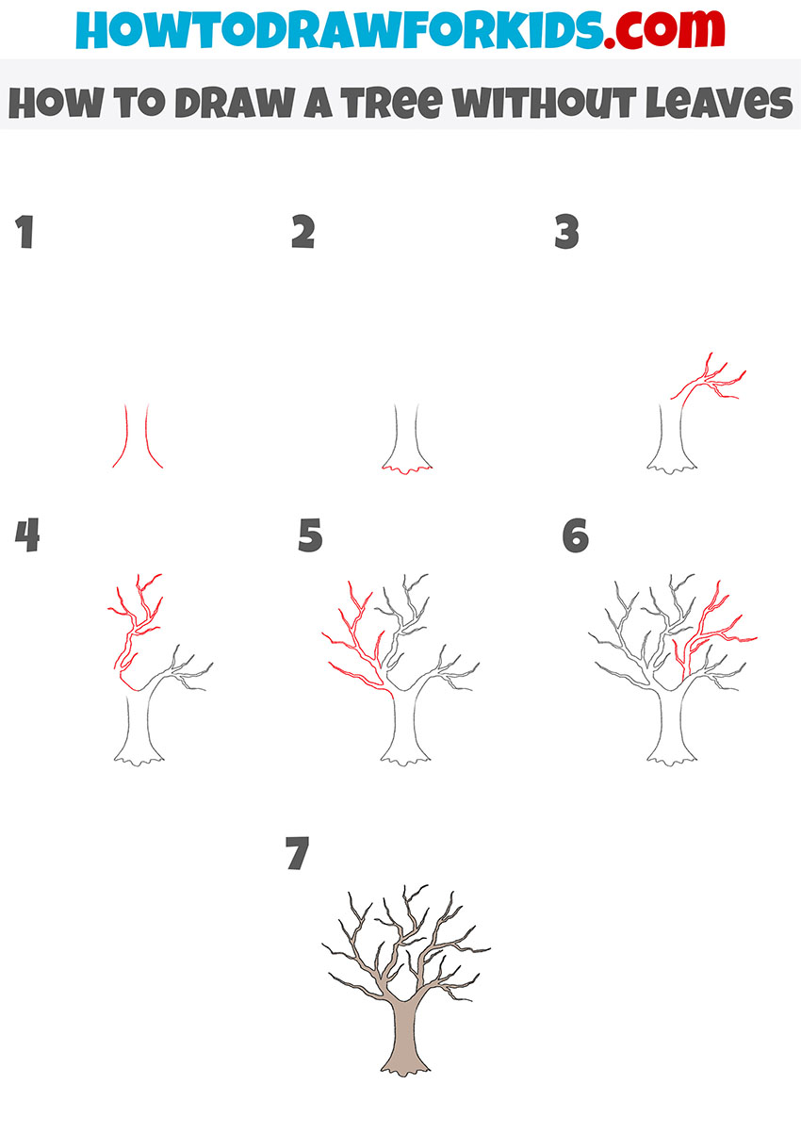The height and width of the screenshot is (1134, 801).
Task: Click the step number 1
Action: tap(25, 232)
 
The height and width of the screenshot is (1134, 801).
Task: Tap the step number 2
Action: tap(303, 232)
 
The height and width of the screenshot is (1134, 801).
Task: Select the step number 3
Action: tap(566, 232)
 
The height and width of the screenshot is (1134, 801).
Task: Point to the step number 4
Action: tap(27, 534)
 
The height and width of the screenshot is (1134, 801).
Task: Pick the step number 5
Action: tap(310, 534)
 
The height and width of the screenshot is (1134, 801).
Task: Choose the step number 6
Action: tap(576, 534)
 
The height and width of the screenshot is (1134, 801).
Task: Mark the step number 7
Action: tap(297, 853)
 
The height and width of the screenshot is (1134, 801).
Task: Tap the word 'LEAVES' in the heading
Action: tap(719, 102)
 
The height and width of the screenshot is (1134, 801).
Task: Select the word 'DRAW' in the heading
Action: tap(236, 102)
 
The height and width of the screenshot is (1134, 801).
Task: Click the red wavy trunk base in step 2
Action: tap(407, 470)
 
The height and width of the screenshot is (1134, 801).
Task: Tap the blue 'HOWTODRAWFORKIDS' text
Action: tap(339, 29)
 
